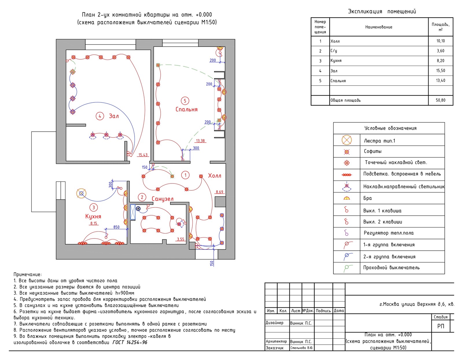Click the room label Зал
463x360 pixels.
point(114,116)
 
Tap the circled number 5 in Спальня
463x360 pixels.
point(185,101)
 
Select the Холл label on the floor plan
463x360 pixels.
point(214,176)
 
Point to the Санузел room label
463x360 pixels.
point(163,199)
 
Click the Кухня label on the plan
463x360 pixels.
point(93,216)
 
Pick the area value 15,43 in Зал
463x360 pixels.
point(143,155)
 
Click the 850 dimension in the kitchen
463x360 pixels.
point(116,227)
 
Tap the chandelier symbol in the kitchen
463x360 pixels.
point(81,193)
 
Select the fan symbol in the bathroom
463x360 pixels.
point(138,208)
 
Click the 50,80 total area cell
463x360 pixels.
point(440,100)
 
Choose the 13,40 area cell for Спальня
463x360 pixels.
point(440,80)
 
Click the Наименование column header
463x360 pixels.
point(379,27)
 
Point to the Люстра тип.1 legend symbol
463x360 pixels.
point(347,140)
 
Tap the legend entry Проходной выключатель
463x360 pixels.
point(391,268)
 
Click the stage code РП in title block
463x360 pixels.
point(440,326)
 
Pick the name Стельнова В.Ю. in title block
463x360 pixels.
point(302,348)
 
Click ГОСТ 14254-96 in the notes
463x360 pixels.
point(130,342)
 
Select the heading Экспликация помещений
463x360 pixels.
point(382,11)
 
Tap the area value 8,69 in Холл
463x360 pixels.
point(219,192)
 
